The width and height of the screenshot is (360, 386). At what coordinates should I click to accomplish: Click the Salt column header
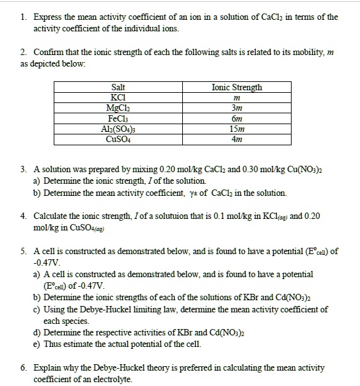click(x=118, y=87)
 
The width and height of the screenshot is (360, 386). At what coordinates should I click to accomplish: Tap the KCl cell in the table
click(x=118, y=97)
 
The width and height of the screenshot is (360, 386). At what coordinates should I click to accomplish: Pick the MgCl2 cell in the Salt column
click(x=118, y=107)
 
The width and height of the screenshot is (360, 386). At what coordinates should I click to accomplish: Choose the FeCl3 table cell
click(x=118, y=117)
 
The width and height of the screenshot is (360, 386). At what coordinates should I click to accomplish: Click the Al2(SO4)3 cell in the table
click(x=118, y=127)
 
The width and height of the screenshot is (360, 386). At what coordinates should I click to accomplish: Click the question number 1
click(x=22, y=17)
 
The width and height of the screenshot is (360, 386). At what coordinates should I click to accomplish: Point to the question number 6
click(x=22, y=368)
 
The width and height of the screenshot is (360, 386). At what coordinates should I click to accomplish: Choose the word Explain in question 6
click(x=47, y=368)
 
